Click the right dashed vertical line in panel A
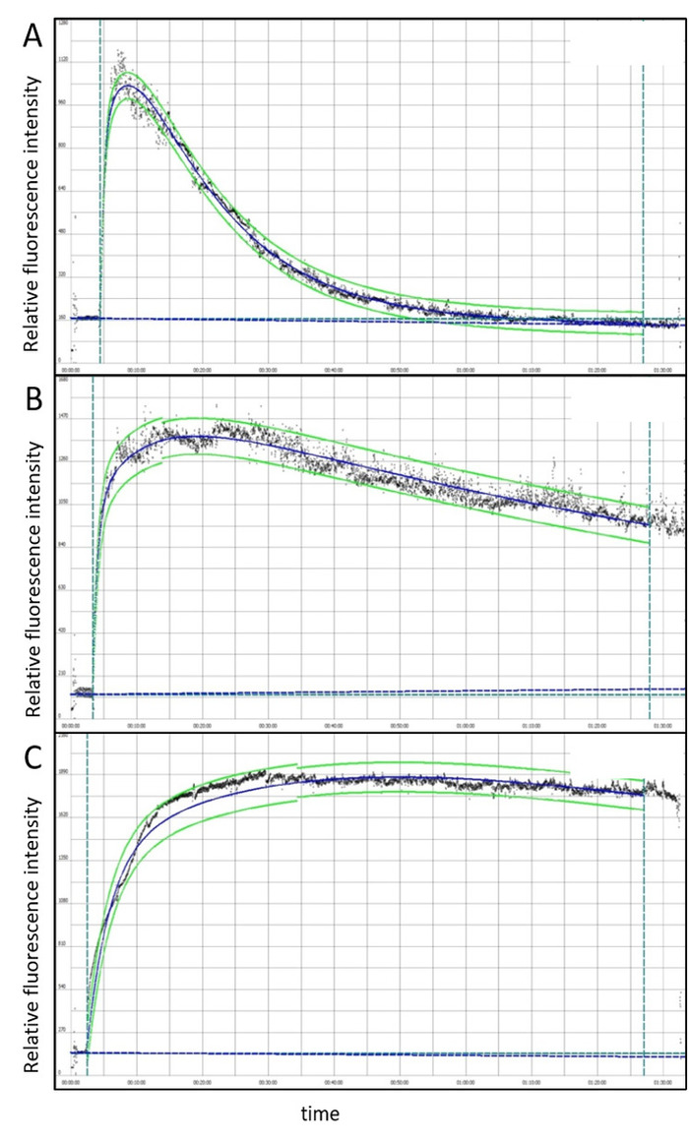click(x=643, y=197)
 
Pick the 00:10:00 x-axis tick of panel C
click(x=136, y=1082)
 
